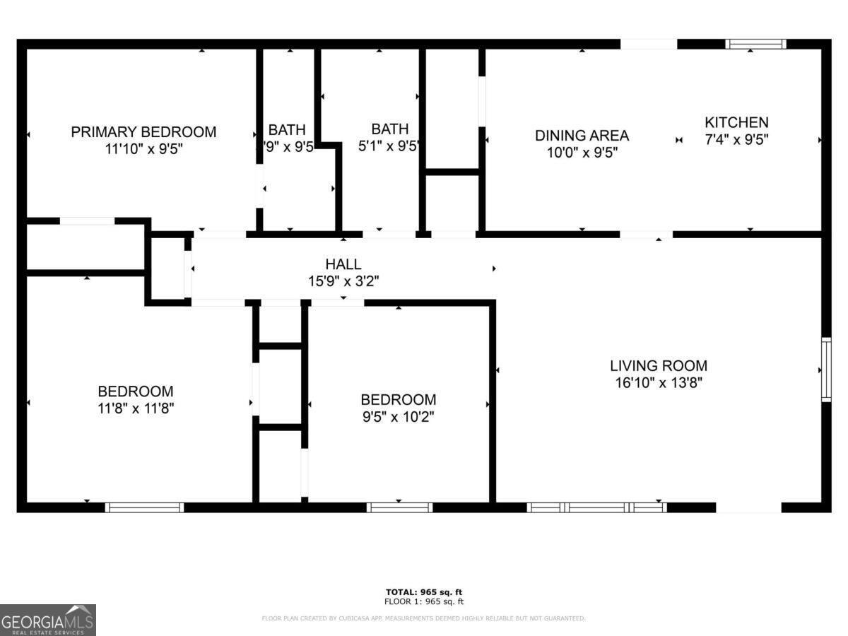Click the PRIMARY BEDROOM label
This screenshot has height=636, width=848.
(x=143, y=131)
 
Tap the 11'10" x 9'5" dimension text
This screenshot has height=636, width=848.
(x=143, y=149)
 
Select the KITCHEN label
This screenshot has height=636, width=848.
(x=736, y=122)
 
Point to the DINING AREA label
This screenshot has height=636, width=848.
(x=582, y=135)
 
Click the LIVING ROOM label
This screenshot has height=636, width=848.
(x=659, y=365)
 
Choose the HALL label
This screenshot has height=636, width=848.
(x=343, y=264)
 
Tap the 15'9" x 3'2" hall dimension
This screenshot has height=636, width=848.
(x=343, y=281)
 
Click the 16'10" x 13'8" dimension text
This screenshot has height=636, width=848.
(x=659, y=383)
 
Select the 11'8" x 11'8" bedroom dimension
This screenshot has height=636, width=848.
(x=136, y=408)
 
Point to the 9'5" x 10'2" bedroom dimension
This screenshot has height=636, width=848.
(x=398, y=417)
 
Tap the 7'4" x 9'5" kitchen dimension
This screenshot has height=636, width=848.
(x=736, y=139)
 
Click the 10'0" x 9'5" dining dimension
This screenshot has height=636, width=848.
(x=582, y=152)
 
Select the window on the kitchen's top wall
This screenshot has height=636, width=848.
(x=755, y=44)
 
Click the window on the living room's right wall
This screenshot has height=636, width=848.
(x=825, y=370)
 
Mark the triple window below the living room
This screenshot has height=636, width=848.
(x=597, y=507)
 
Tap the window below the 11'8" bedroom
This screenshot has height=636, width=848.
(x=144, y=507)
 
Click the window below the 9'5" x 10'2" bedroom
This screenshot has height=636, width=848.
(x=399, y=507)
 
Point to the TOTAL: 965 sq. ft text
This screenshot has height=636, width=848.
(x=424, y=591)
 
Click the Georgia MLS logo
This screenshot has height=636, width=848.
(x=48, y=620)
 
